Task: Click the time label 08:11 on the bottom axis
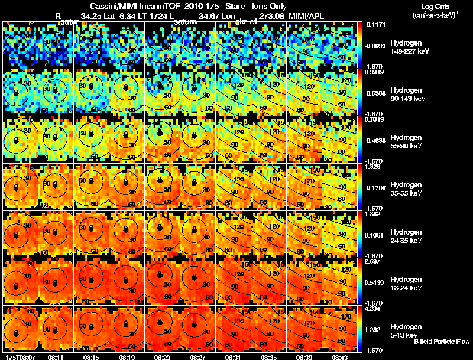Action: point(56,356)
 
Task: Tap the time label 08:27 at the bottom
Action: point(197,356)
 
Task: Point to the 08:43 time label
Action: point(340,356)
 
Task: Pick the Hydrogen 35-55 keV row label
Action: point(409,189)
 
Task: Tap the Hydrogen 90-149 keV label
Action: point(409,94)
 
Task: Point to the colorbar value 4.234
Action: point(372,307)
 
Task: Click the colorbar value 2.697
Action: point(372,261)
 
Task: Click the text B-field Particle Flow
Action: point(441,341)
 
